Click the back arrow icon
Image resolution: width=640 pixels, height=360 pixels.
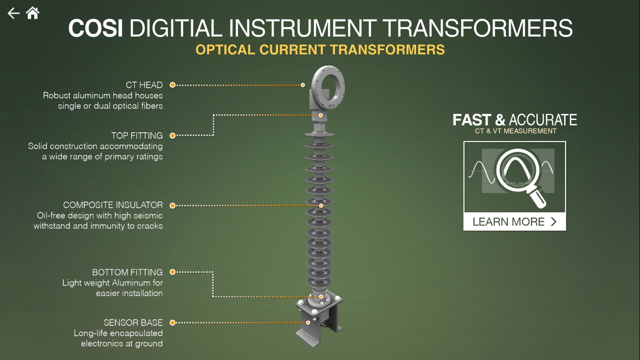(14, 13)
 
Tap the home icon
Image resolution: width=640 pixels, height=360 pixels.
(33, 13)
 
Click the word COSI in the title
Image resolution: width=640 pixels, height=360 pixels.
(96, 28)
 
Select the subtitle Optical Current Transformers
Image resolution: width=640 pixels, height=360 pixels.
(320, 50)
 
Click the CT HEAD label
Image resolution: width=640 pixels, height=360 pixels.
(144, 85)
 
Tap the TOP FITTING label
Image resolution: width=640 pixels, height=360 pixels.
(137, 135)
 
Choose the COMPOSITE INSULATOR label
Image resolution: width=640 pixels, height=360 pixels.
(113, 205)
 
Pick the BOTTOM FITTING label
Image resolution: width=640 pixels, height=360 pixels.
(127, 272)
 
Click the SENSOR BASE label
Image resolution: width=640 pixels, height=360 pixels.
(133, 322)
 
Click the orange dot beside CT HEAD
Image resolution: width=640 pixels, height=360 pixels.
(172, 85)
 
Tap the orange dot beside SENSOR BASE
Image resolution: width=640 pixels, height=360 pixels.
(172, 322)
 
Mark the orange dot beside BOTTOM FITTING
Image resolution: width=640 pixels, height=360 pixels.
(172, 272)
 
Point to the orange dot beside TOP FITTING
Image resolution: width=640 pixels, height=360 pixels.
(172, 135)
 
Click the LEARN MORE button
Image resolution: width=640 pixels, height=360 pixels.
(514, 222)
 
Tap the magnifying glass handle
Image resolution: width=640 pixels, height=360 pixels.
(538, 197)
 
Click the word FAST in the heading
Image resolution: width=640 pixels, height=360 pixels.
(472, 120)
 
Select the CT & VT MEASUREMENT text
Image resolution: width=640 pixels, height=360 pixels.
(516, 131)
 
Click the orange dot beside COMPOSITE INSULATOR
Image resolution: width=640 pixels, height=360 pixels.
(172, 206)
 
